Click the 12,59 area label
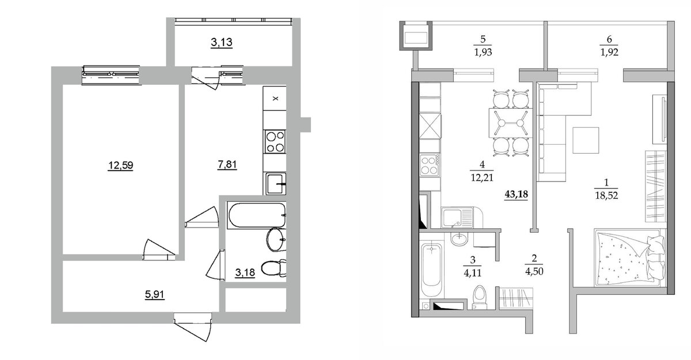[x=120, y=166]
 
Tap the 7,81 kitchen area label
[x=227, y=165]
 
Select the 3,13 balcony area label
[x=222, y=42]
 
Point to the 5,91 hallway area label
[x=154, y=294]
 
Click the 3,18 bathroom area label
[x=245, y=272]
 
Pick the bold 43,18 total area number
[x=516, y=194]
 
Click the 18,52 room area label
[x=606, y=196]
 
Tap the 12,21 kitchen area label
[x=482, y=177]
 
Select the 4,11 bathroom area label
[x=473, y=273]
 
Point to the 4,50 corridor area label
[x=534, y=271]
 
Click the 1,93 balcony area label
[x=483, y=52]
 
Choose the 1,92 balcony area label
[x=609, y=52]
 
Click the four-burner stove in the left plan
[x=275, y=142]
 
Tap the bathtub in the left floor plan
[x=256, y=215]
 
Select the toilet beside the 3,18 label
[x=274, y=268]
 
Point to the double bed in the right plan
[x=629, y=258]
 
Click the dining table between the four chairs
[x=511, y=123]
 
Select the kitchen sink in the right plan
[x=457, y=218]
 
